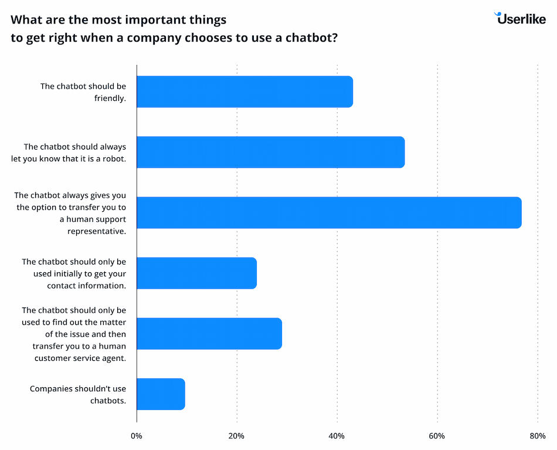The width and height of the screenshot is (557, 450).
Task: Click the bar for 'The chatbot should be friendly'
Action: click(244, 92)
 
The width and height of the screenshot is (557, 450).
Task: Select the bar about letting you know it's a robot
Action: click(270, 152)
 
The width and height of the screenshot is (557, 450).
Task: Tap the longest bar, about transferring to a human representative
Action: click(328, 212)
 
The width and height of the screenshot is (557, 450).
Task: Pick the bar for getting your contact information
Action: click(196, 273)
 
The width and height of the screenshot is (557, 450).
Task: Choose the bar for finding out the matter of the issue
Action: click(209, 333)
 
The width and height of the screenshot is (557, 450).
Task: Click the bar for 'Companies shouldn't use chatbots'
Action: click(161, 394)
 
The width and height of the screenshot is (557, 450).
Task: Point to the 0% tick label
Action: click(137, 436)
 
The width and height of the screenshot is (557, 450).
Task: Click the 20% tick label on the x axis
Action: click(236, 436)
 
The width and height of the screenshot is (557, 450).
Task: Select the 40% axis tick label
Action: click(337, 436)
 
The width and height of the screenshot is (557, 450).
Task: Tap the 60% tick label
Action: click(437, 436)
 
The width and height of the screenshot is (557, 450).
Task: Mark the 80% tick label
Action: click(537, 436)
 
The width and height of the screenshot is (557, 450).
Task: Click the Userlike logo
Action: click(520, 18)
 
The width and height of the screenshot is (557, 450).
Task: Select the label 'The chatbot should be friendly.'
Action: click(83, 92)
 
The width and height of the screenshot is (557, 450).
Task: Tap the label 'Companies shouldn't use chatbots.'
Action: click(78, 394)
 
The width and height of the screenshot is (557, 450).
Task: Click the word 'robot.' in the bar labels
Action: click(113, 158)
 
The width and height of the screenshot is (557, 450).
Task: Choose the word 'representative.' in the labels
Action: click(96, 231)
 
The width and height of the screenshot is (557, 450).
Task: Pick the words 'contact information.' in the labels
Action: click(87, 285)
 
